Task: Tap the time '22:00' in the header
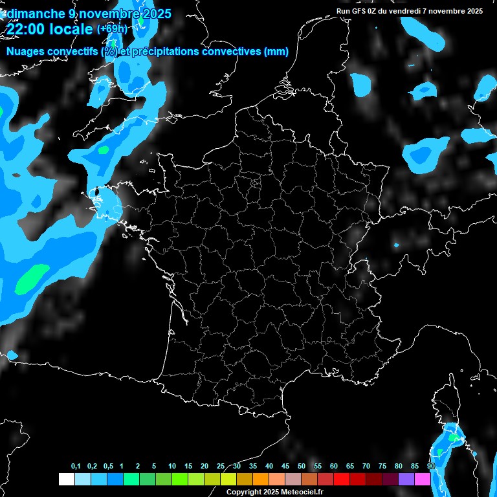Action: [28, 29]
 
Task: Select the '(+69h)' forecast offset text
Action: [112, 29]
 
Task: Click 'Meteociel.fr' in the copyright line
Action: [300, 492]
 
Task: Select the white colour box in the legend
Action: [66, 480]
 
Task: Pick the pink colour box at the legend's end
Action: [422, 480]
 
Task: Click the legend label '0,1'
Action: [76, 467]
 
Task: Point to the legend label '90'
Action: [431, 467]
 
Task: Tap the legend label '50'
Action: [302, 467]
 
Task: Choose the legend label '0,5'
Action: [108, 467]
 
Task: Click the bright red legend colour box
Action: [341, 480]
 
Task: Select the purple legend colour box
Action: [406, 480]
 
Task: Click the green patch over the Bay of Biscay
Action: [32, 276]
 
